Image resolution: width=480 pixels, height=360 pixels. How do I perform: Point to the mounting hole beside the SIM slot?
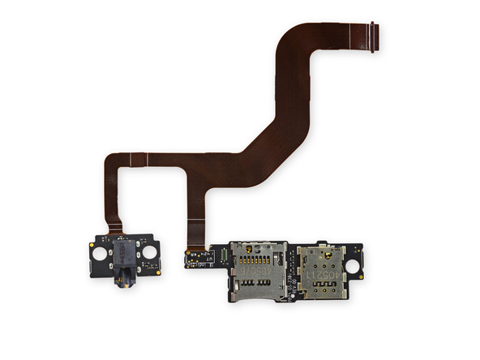tap(354, 264)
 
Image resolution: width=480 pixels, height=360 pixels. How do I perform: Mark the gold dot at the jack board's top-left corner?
tap(93, 240)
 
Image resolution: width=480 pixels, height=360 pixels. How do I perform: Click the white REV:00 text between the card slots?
tap(290, 268)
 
